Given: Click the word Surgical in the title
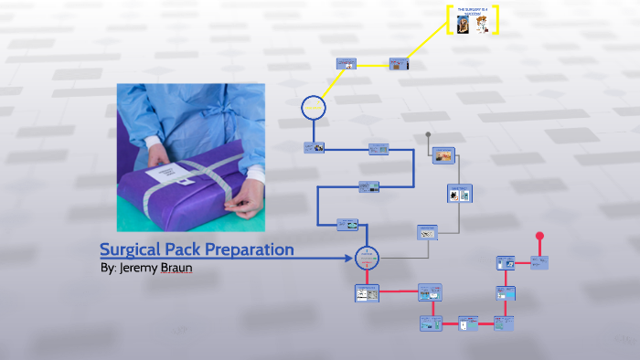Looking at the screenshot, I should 131,249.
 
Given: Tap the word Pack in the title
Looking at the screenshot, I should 187,249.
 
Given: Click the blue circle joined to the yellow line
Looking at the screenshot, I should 314,107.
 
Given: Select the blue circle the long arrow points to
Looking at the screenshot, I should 367,258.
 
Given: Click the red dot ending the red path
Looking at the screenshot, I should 539,236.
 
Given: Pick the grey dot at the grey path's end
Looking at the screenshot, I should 428,133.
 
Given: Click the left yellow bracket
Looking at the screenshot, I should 449,20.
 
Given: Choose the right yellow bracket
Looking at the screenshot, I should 496,20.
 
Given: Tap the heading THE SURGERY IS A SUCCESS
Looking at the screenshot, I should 473,11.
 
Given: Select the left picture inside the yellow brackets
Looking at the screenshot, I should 463,26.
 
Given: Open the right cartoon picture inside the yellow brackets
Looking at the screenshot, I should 482,26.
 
